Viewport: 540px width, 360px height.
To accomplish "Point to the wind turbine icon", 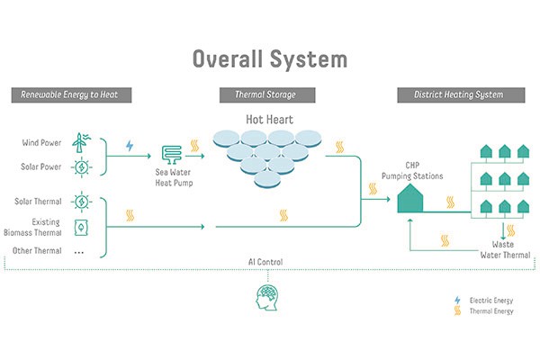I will [x=79, y=142].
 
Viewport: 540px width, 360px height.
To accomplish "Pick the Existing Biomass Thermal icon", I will [x=79, y=227].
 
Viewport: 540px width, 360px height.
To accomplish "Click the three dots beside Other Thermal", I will [x=79, y=251].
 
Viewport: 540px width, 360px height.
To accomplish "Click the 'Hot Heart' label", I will [x=269, y=119].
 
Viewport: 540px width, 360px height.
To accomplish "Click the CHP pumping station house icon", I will [x=410, y=198].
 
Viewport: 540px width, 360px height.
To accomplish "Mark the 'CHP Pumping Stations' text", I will [x=411, y=170].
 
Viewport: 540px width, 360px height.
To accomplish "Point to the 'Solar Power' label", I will [x=40, y=167].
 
